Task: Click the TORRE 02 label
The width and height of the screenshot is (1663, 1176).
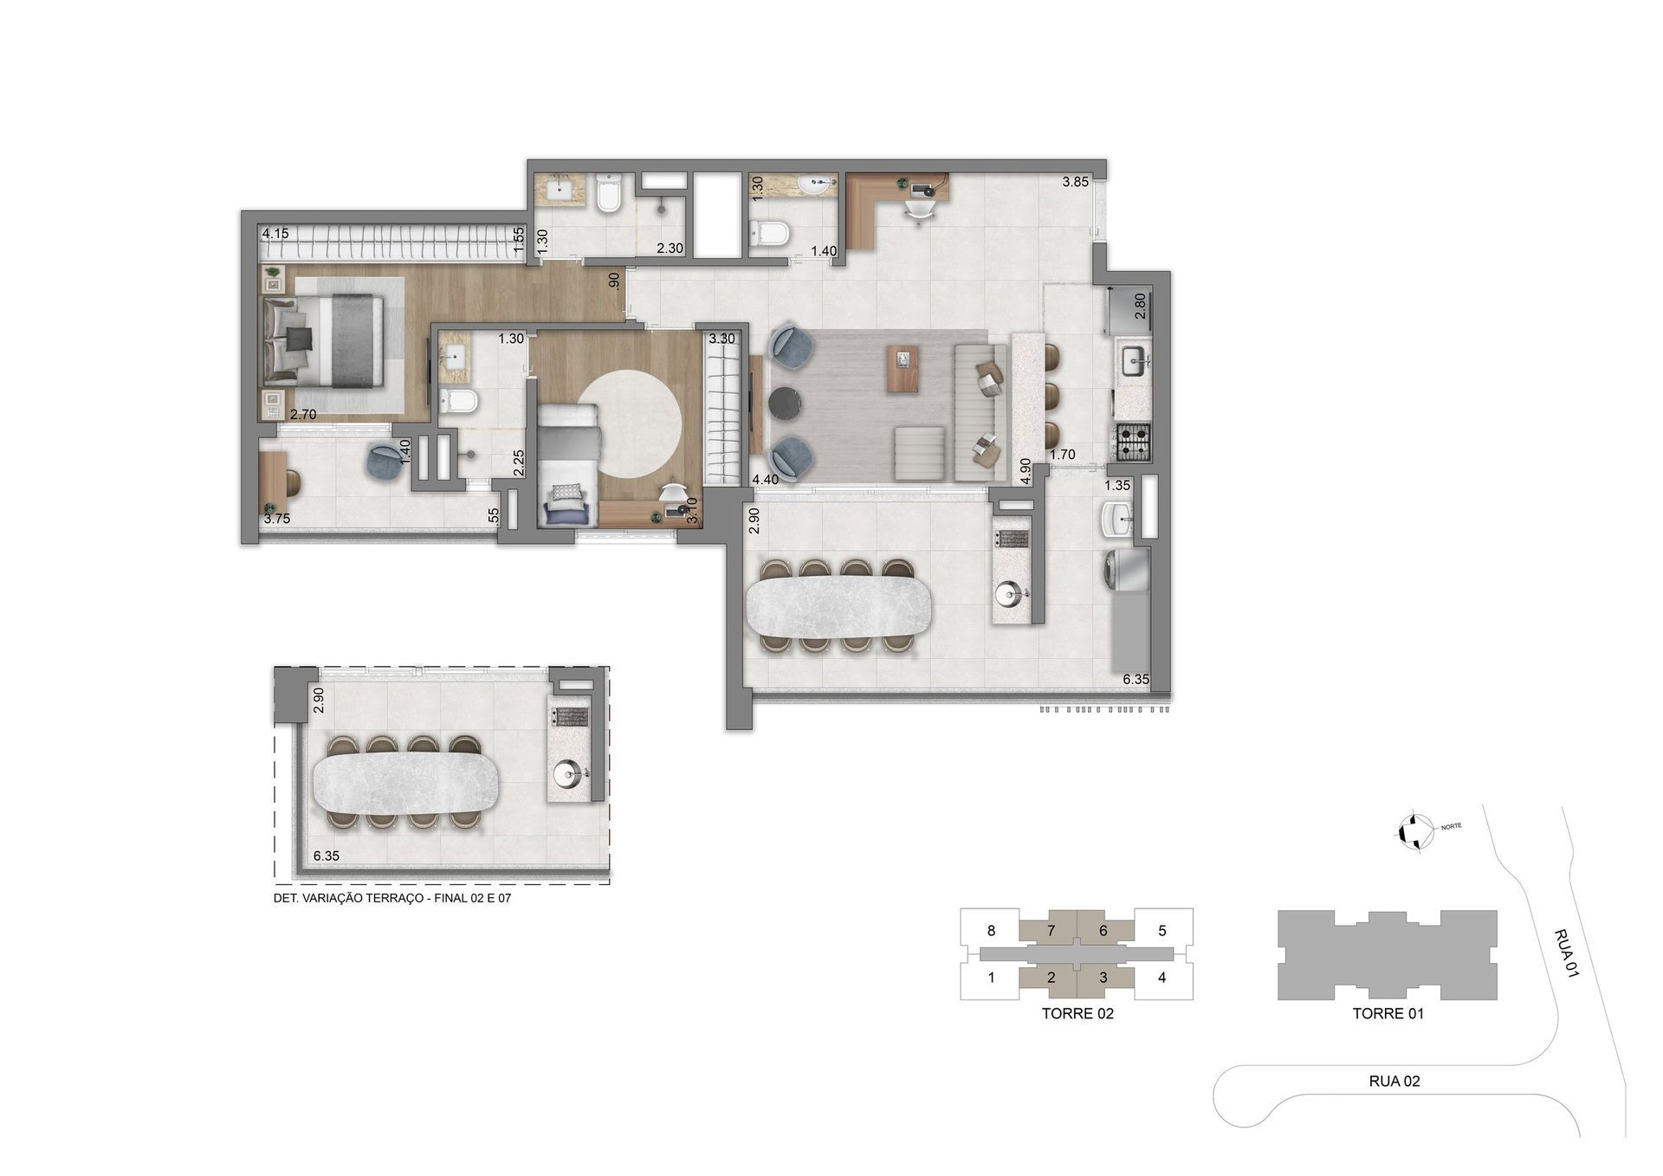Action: tap(1077, 1013)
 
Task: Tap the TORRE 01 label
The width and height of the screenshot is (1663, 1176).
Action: tap(1388, 1013)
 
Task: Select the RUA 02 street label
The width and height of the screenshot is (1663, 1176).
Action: tap(1394, 1081)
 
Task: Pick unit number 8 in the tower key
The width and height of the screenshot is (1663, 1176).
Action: tap(991, 931)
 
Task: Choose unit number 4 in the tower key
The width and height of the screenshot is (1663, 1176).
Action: tap(1162, 978)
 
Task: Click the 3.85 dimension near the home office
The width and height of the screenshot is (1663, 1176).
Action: tap(1076, 182)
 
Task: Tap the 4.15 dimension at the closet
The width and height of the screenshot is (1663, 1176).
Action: tap(275, 233)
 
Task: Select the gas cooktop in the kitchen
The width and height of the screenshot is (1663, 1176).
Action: tap(1133, 440)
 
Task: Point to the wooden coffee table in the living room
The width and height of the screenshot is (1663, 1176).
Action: tap(904, 367)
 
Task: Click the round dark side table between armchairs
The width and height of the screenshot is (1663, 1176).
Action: tap(786, 404)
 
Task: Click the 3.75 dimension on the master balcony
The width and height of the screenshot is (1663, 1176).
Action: tap(277, 519)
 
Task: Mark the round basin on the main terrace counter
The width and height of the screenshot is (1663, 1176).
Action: tap(1010, 594)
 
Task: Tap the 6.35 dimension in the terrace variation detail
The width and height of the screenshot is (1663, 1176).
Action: tap(327, 856)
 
